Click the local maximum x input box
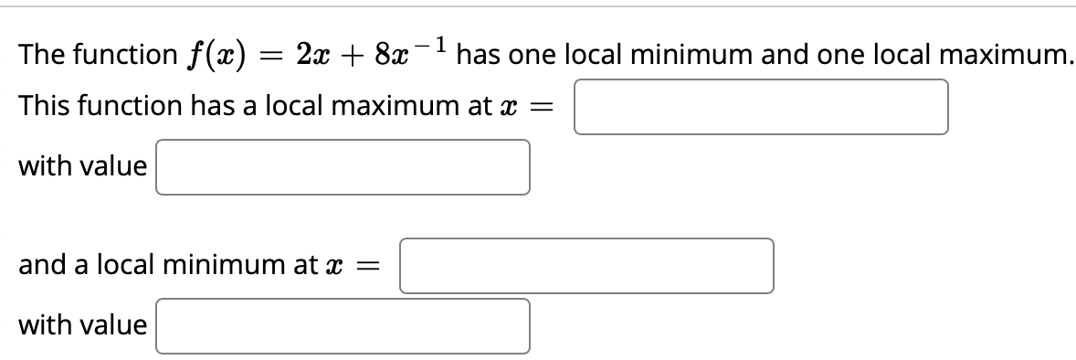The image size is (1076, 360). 761,107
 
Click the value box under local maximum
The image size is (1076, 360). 343,167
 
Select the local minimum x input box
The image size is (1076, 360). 586,266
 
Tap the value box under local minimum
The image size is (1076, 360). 343,326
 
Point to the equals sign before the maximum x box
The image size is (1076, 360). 546,108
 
